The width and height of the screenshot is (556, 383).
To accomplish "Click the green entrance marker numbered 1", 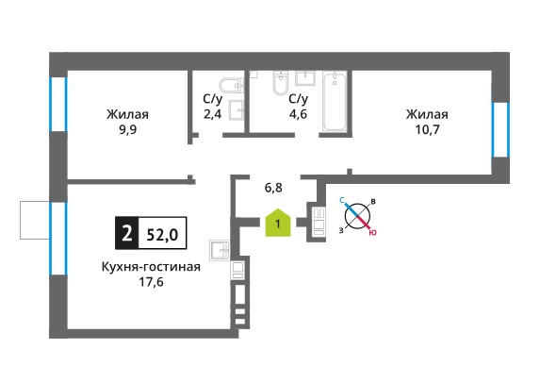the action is [x=278, y=223].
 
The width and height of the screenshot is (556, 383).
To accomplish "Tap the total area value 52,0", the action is [x=163, y=235].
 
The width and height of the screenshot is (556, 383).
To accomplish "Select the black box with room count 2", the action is [x=126, y=233].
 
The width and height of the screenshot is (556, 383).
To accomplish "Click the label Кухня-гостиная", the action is [x=151, y=267].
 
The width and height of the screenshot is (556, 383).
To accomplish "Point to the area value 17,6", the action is [x=152, y=282].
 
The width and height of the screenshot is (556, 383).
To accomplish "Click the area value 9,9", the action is [x=127, y=130].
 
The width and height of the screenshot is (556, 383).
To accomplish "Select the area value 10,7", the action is [x=427, y=129].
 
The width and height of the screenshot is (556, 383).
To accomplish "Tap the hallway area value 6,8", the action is [x=273, y=187].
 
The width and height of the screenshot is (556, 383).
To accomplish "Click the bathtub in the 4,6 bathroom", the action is [x=335, y=101].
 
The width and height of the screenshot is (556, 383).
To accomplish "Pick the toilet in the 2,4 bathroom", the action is [x=231, y=85].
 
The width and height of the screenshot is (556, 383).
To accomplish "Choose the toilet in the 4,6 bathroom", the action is [x=281, y=83].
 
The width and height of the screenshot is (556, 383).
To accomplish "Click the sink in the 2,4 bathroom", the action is [x=237, y=110].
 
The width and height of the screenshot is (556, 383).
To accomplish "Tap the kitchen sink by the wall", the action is [x=220, y=251].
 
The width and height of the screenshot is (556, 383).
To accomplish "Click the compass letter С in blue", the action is [x=342, y=201].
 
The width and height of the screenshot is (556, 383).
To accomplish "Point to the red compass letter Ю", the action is [x=372, y=232].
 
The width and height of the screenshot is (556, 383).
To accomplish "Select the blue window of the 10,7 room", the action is [x=500, y=129].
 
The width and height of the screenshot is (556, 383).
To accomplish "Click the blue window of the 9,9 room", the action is [x=58, y=104].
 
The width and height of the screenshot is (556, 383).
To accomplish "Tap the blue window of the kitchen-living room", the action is [x=58, y=239].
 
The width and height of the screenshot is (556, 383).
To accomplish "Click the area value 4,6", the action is [x=298, y=114].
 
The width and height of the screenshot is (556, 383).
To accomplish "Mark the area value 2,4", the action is [x=212, y=114].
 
